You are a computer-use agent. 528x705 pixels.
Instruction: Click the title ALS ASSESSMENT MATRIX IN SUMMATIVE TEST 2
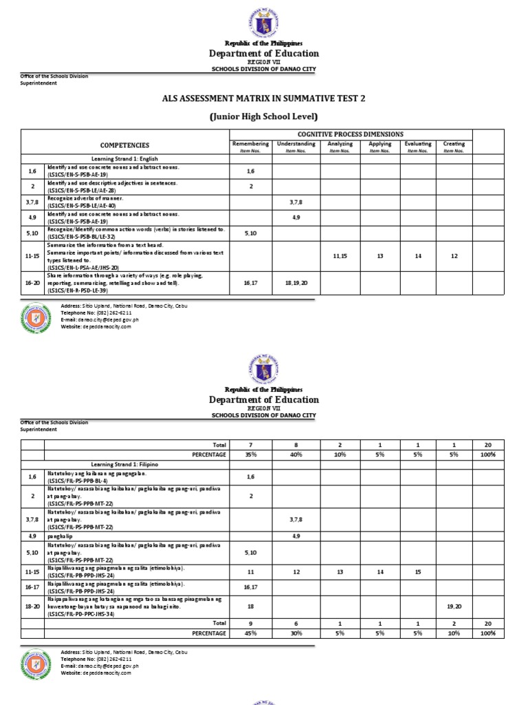point(264,98)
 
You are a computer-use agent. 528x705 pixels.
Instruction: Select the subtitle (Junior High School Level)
point(264,116)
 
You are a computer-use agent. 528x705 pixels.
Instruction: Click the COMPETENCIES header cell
point(124,145)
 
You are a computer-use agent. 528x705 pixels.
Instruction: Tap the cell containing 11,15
point(340,256)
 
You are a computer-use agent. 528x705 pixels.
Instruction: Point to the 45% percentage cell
point(250,633)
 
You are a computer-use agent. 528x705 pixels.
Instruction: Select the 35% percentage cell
point(250,455)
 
